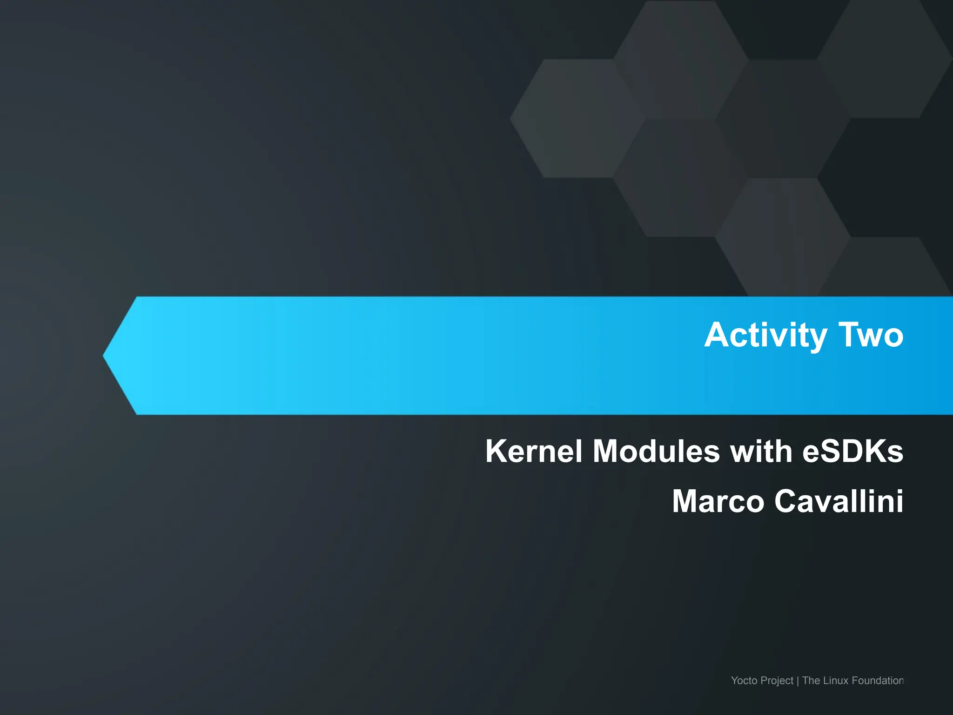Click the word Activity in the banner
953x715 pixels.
765,335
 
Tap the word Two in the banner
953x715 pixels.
871,335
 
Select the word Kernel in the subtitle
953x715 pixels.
533,451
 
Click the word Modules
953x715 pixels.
656,451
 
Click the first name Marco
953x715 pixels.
718,501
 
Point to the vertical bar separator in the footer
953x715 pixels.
798,681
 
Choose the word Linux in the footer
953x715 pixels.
836,681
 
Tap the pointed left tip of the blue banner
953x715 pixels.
105,356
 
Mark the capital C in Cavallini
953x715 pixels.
787,501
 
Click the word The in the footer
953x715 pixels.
811,681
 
